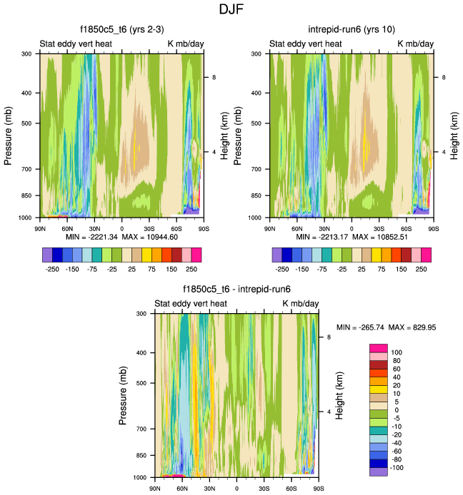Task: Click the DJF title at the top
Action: coord(231,10)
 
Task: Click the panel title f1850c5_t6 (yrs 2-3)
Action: coord(122,31)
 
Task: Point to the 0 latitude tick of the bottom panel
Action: coord(237,488)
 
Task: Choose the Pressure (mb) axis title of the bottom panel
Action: coord(124,395)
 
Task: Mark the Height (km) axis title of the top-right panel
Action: coord(454,135)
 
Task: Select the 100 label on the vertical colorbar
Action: coord(397,352)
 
